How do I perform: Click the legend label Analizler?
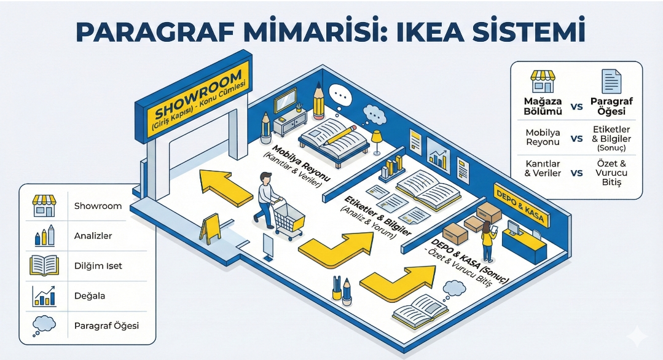tap(93, 235)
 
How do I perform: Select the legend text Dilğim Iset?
tap(98, 265)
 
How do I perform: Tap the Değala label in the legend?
tap(90, 295)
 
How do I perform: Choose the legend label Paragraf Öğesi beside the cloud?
tap(106, 325)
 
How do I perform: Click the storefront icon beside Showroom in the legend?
tap(44, 206)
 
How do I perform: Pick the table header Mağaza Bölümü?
tap(542, 106)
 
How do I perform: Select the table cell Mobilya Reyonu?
tap(542, 137)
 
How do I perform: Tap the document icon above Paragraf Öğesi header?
tap(611, 80)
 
